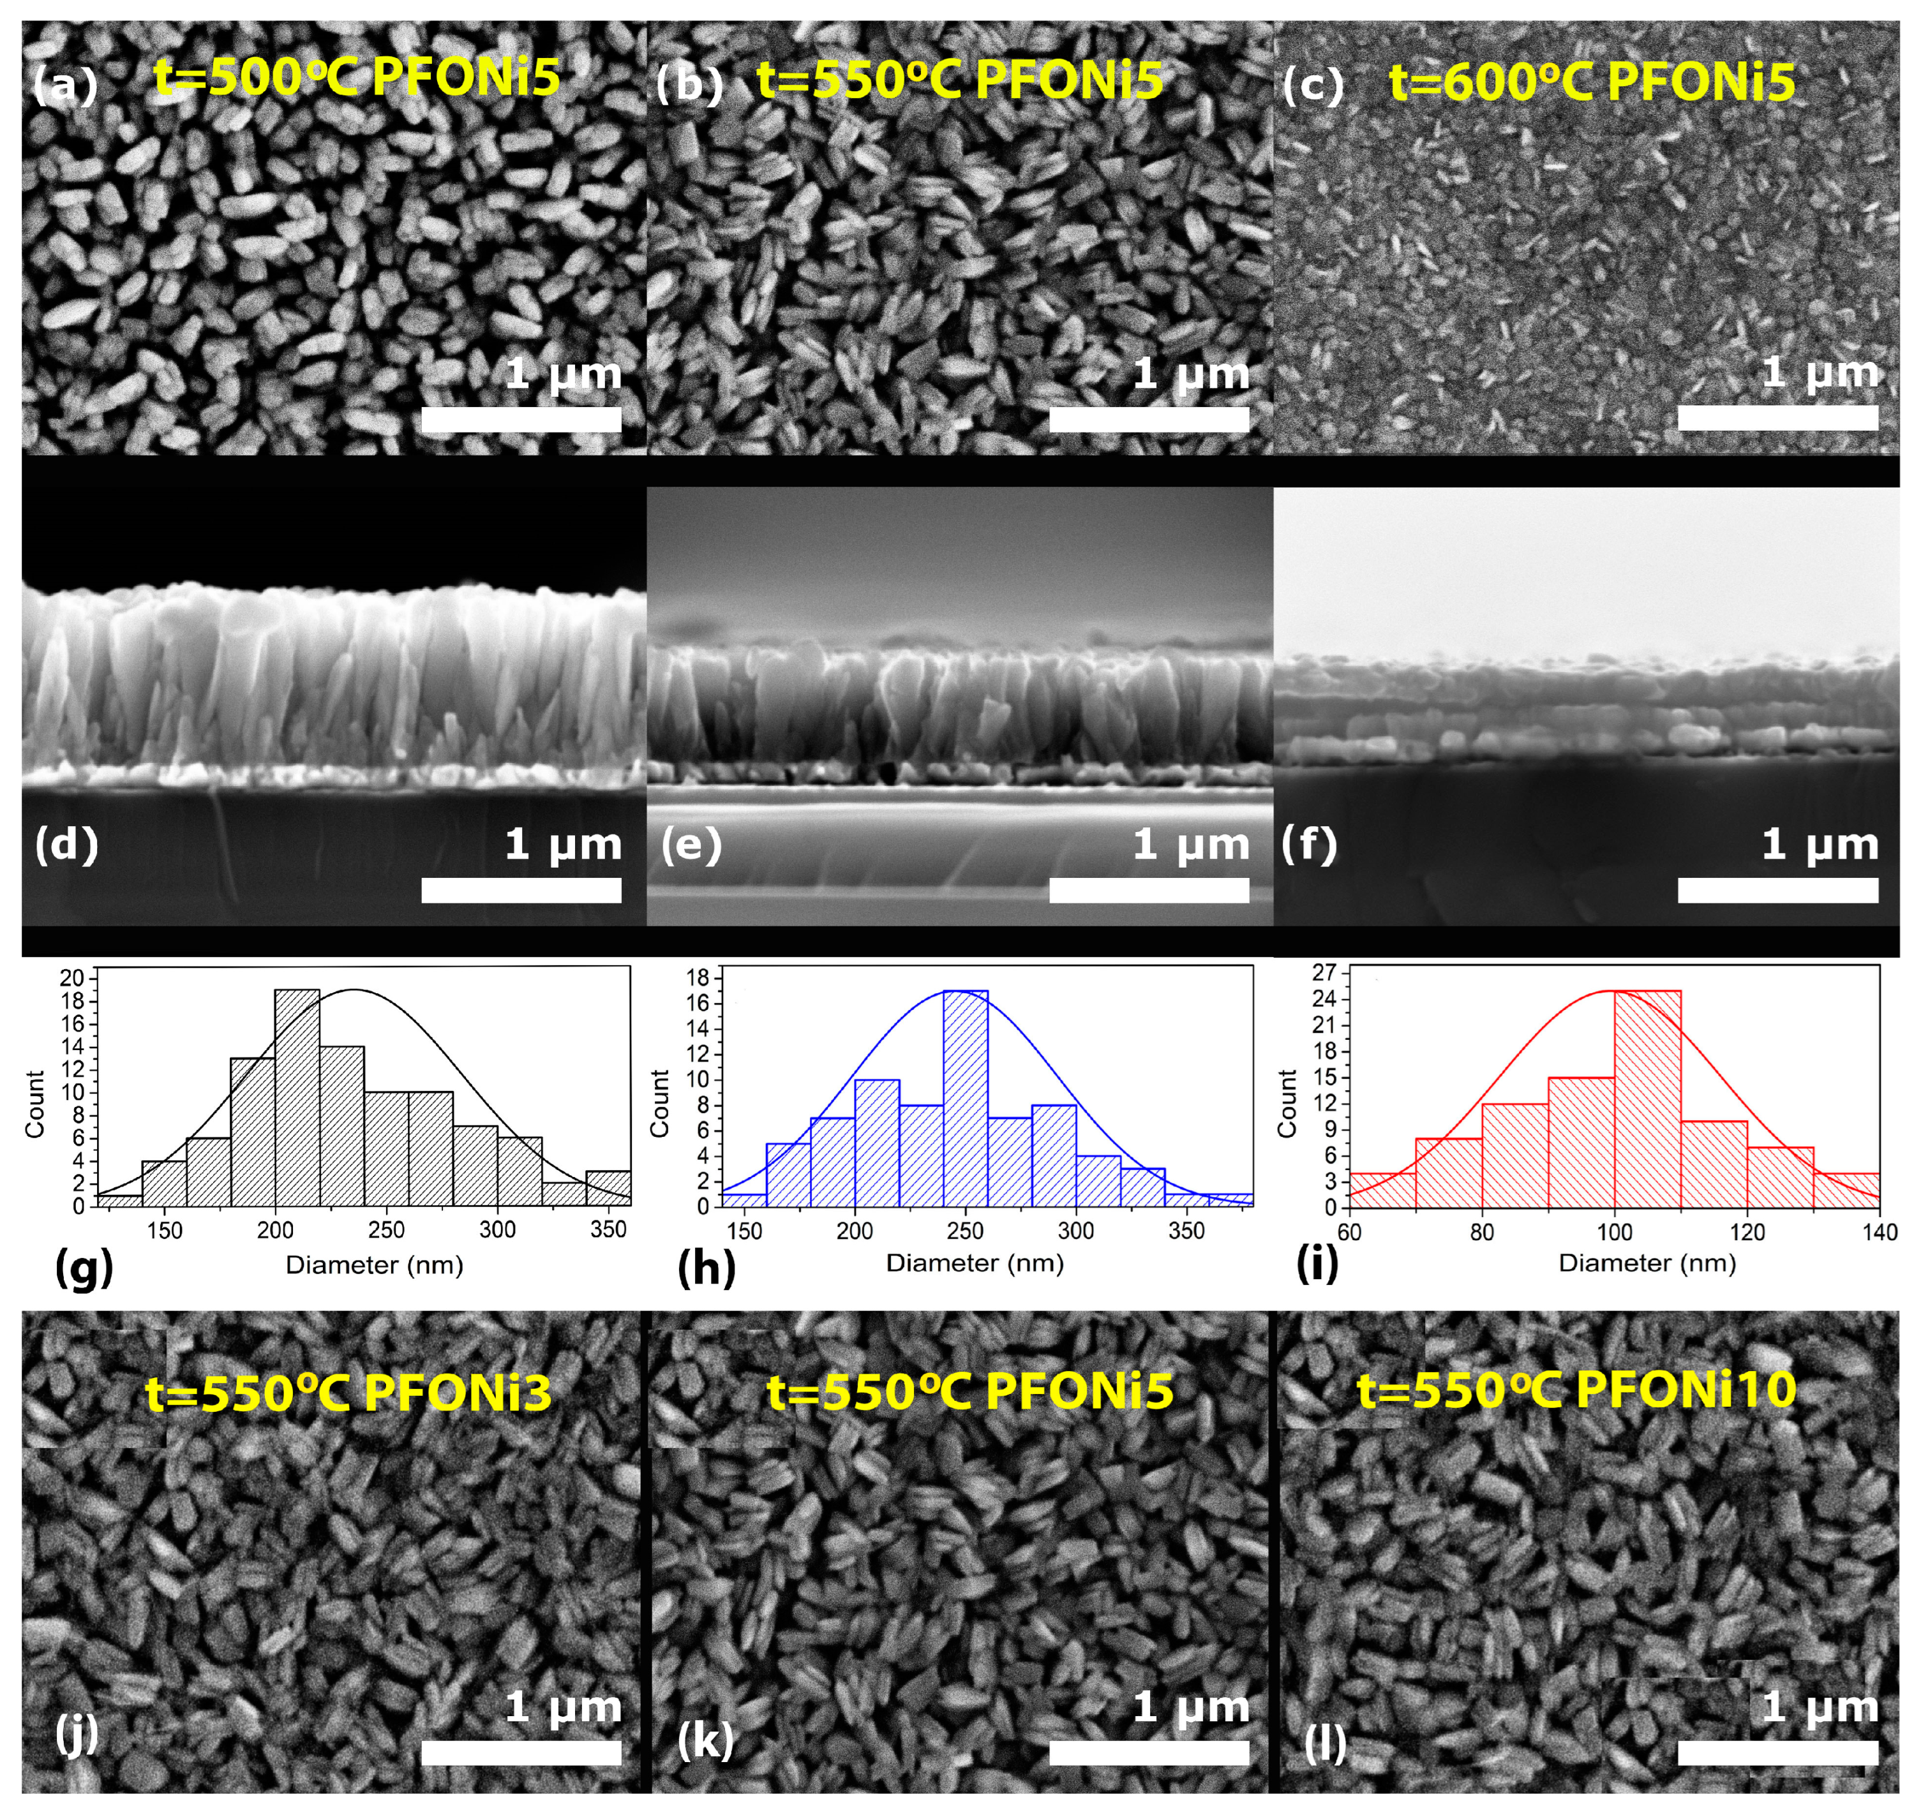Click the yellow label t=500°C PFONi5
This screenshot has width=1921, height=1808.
point(357,77)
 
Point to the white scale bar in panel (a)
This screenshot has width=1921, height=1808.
point(521,419)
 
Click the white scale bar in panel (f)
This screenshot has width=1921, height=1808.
point(1777,889)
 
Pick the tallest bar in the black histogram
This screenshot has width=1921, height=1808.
point(297,1097)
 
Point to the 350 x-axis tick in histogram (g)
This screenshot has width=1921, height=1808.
point(608,1229)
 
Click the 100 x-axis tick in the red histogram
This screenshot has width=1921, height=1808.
point(1614,1233)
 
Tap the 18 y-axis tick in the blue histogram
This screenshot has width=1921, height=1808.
point(698,977)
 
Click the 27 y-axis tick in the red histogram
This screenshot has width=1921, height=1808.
point(1323,972)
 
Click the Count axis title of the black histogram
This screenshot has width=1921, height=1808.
point(35,1104)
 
